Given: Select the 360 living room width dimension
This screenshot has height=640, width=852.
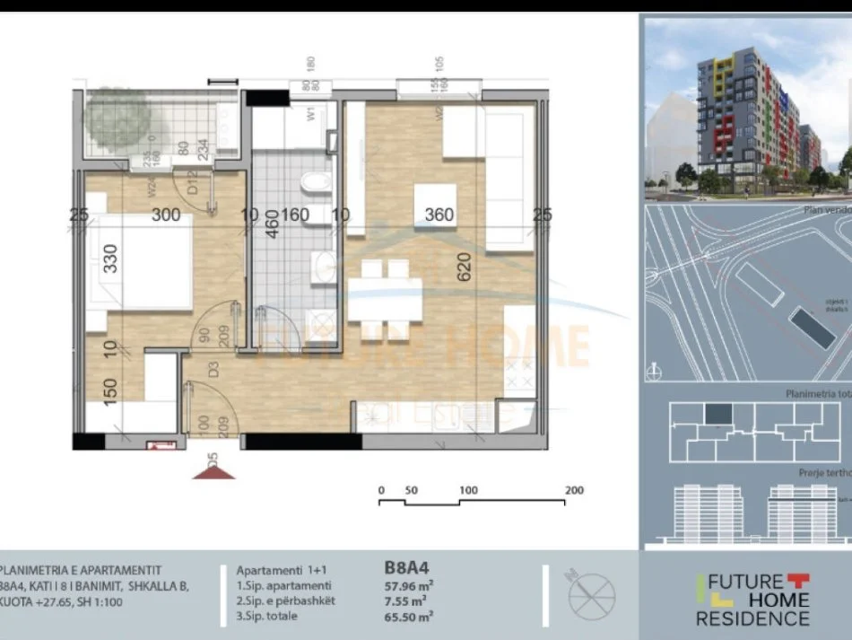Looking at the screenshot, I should tap(439, 215).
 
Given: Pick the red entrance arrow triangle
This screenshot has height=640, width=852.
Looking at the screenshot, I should tap(213, 470).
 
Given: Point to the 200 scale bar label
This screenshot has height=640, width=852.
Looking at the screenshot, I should tap(574, 490).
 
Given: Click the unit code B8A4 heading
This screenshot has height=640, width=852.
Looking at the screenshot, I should tap(407, 567).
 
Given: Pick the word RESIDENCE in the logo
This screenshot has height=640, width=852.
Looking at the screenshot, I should tap(752, 618).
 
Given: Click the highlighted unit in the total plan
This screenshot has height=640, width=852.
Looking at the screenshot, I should tap(717, 414).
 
